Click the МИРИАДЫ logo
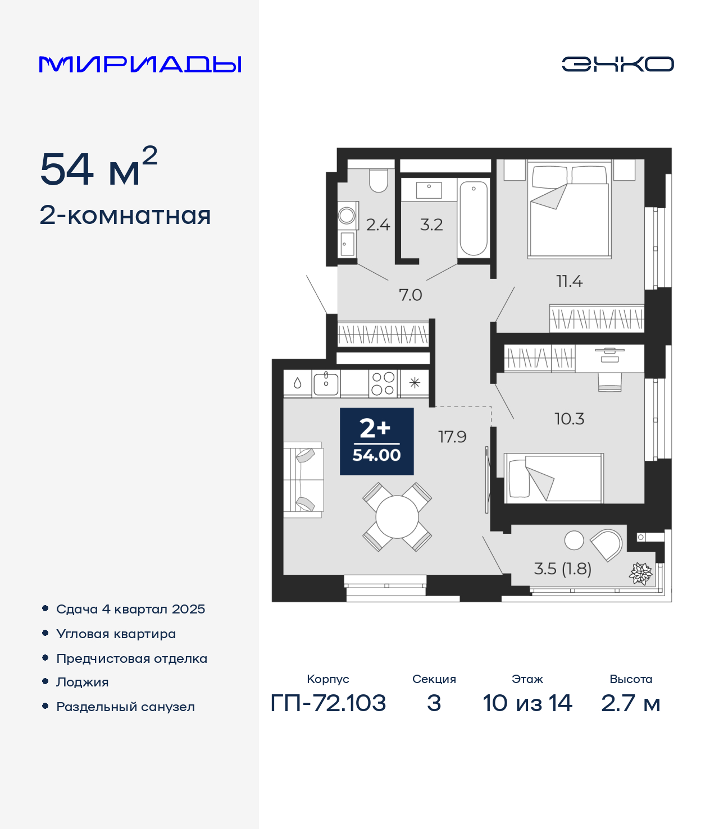point(140,64)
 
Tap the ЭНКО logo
point(617,64)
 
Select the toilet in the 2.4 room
point(378,181)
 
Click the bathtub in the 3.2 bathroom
point(474,218)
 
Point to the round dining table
point(397,516)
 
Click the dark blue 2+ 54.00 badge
point(376,441)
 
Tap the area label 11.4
point(569,281)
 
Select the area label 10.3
point(569,419)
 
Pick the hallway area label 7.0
point(410,295)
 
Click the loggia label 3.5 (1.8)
point(562,569)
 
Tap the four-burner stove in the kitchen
point(383,383)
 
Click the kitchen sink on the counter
point(326,384)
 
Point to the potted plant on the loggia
point(640,574)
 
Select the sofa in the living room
point(303,480)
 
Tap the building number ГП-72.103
point(328,703)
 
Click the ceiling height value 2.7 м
point(630,703)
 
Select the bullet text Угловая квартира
point(116,634)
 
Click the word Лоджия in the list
point(83,682)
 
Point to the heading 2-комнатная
point(125,216)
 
